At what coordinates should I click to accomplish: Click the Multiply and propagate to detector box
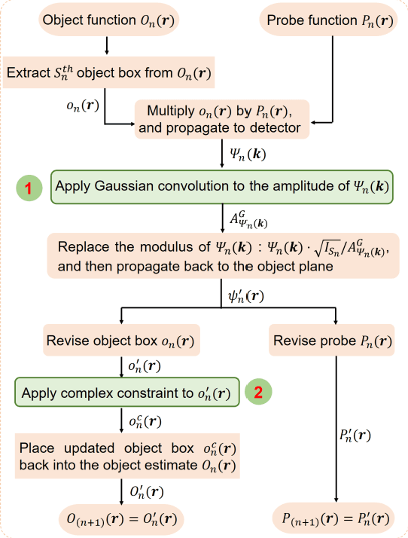[219, 119]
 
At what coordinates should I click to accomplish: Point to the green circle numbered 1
[27, 188]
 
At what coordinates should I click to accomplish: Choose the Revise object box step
[120, 341]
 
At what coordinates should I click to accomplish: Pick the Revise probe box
[333, 341]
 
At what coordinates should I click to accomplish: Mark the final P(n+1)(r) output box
[333, 519]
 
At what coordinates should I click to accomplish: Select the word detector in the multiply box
[273, 127]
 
